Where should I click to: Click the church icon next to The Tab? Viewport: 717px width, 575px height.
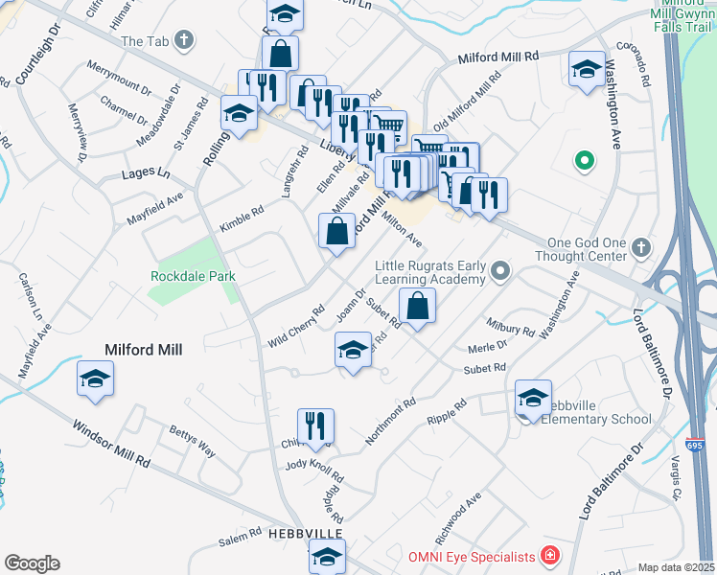coord(185,41)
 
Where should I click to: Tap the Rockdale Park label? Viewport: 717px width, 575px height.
coord(193,276)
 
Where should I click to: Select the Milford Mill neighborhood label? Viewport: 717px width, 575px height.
coord(144,350)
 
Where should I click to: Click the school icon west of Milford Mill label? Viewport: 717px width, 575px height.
coord(95,379)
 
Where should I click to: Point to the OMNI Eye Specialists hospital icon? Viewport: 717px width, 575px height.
coord(549,556)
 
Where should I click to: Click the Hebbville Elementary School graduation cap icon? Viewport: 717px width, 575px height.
coord(533,398)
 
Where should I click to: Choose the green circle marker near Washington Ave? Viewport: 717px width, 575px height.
coord(581,161)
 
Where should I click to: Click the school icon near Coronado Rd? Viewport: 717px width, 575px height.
coord(586,70)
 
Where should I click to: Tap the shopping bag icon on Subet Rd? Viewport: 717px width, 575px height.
coord(417,307)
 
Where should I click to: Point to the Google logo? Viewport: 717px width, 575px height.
coord(32,563)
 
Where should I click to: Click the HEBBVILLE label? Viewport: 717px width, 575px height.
coord(279,533)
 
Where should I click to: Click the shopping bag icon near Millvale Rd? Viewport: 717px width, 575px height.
coord(336,231)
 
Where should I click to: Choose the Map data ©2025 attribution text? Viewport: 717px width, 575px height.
coord(676,567)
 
